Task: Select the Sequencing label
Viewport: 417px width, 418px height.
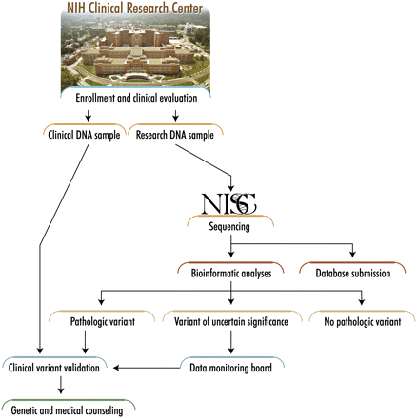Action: point(227,228)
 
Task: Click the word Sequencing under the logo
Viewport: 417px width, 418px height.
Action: point(227,228)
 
